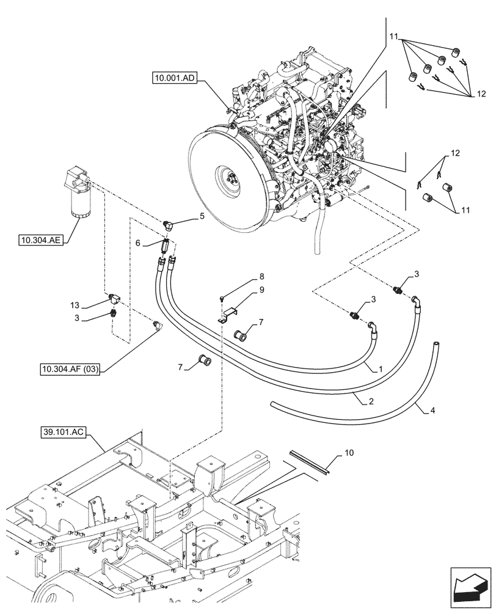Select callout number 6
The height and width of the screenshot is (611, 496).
pyautogui.click(x=138, y=243)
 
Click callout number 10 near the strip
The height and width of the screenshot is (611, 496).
pyautogui.click(x=348, y=453)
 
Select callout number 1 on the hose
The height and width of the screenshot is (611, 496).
pyautogui.click(x=381, y=370)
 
